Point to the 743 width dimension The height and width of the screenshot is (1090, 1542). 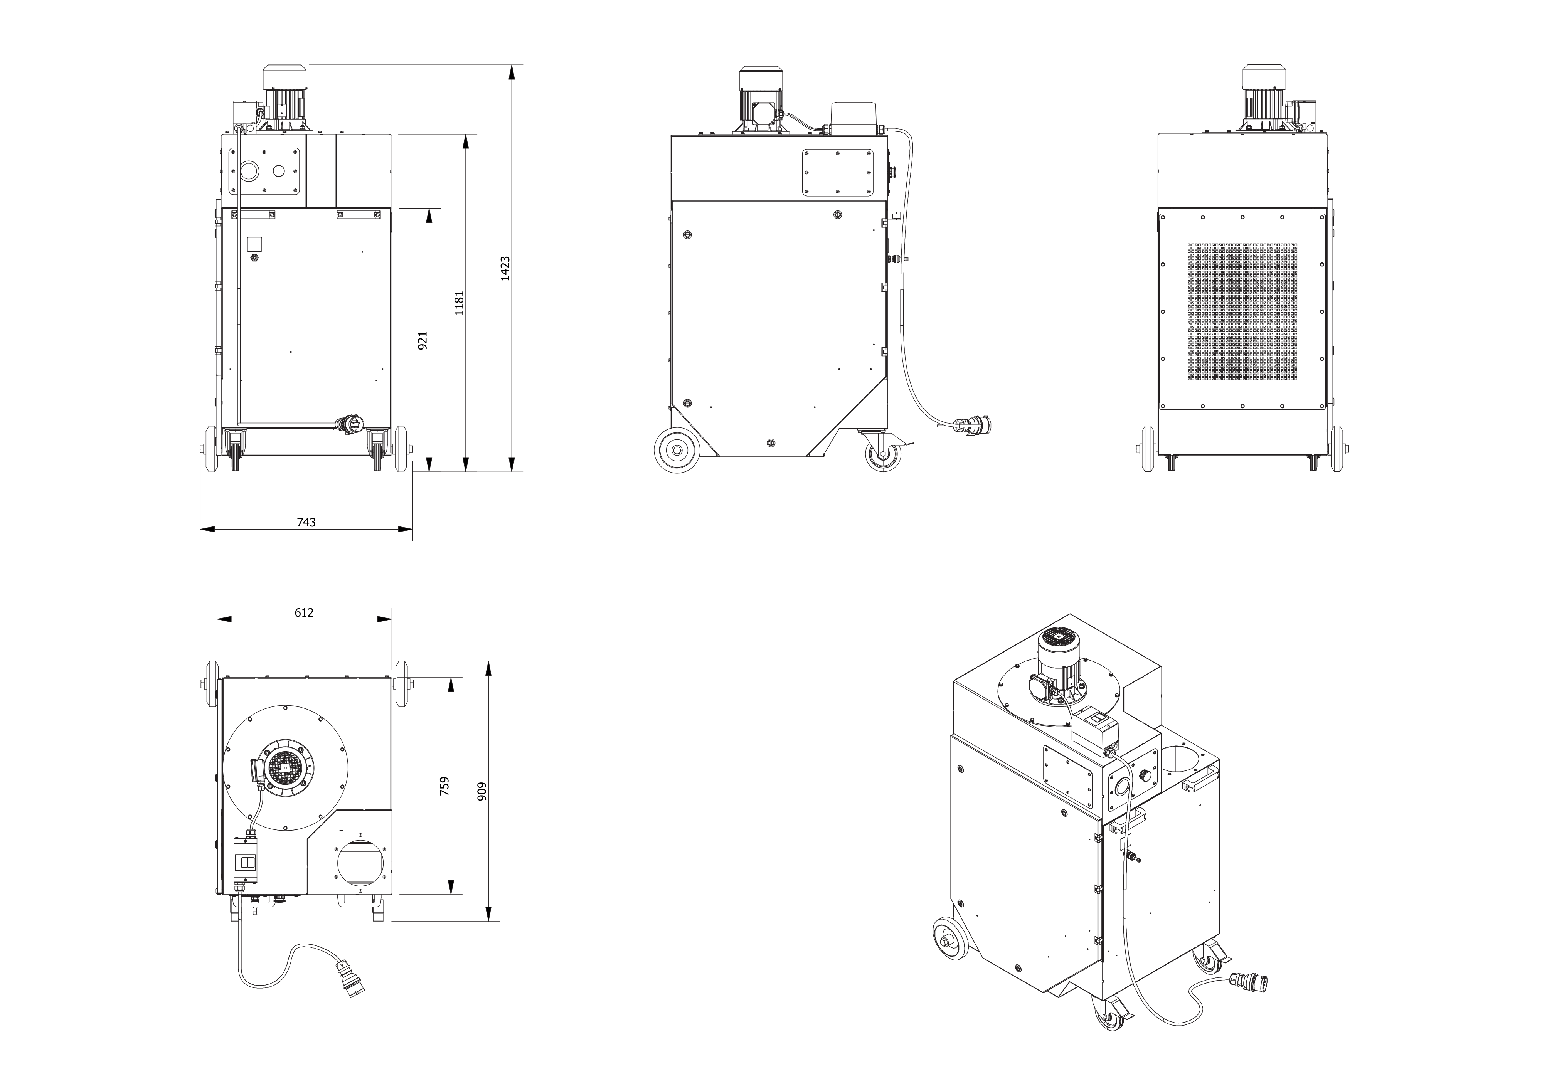(x=306, y=522)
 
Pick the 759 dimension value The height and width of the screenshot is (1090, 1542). (x=444, y=786)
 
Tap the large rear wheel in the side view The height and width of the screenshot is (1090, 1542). (x=678, y=451)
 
